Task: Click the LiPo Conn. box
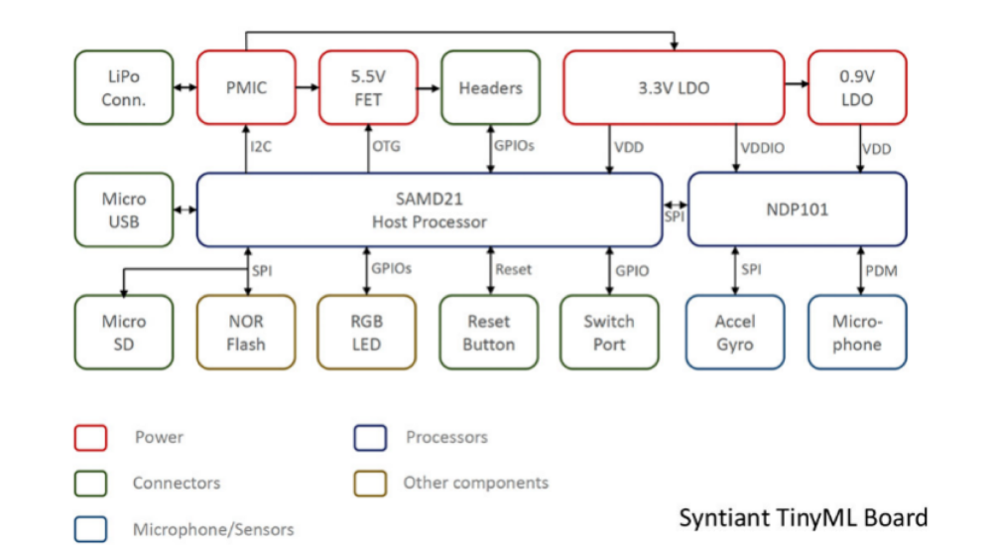(123, 87)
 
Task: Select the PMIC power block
(246, 87)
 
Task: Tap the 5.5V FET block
(367, 87)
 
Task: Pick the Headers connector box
(490, 87)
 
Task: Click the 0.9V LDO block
(857, 87)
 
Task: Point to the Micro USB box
(123, 210)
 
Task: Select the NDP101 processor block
(797, 210)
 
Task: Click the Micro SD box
(123, 333)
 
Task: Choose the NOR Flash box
(246, 333)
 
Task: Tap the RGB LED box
(367, 333)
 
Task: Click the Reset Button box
(489, 333)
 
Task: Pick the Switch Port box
(609, 333)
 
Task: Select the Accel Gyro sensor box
(735, 333)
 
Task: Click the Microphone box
(857, 333)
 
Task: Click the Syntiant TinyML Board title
(804, 517)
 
